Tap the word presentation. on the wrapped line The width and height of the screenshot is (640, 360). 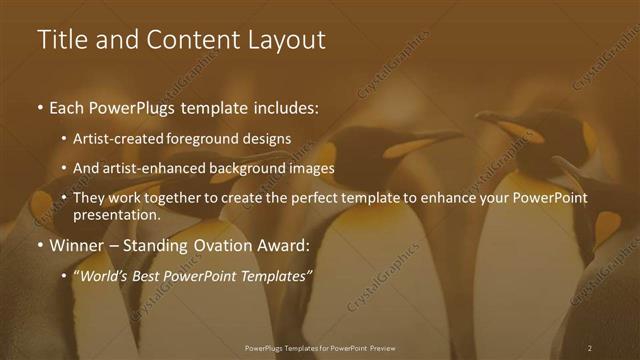(117, 215)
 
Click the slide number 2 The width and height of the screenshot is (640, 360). (590, 348)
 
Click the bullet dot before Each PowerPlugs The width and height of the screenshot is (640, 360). (40, 108)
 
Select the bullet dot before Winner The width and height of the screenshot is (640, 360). (40, 246)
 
